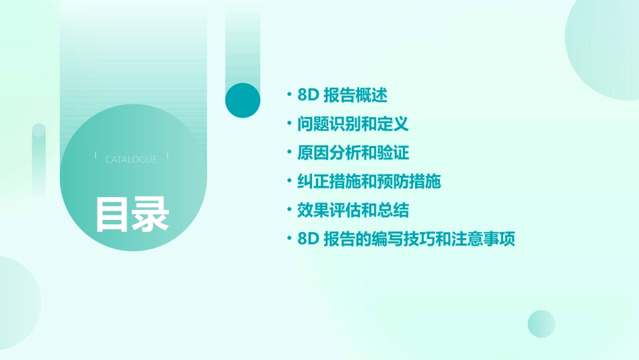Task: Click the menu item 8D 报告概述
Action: pyautogui.click(x=342, y=95)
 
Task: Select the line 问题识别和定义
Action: pyautogui.click(x=352, y=124)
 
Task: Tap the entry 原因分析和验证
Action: pyautogui.click(x=352, y=153)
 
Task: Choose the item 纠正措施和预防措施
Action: pyautogui.click(x=369, y=182)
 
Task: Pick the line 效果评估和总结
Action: pyautogui.click(x=352, y=210)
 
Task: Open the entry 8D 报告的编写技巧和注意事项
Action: pyautogui.click(x=406, y=239)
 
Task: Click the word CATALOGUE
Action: pyautogui.click(x=131, y=159)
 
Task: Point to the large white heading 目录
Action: pyautogui.click(x=132, y=214)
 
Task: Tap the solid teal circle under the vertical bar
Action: pyautogui.click(x=243, y=100)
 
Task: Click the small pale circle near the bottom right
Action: pyautogui.click(x=541, y=324)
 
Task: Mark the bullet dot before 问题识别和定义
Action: pyautogui.click(x=289, y=124)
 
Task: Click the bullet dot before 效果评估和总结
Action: pyautogui.click(x=289, y=210)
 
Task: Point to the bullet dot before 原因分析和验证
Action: pyautogui.click(x=289, y=153)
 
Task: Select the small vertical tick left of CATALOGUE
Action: pyautogui.click(x=96, y=155)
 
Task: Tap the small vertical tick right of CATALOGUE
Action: pyautogui.click(x=167, y=155)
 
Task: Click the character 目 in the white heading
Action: pyautogui.click(x=112, y=214)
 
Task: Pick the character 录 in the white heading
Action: pyautogui.click(x=151, y=214)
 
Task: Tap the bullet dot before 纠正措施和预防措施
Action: pyautogui.click(x=289, y=182)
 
